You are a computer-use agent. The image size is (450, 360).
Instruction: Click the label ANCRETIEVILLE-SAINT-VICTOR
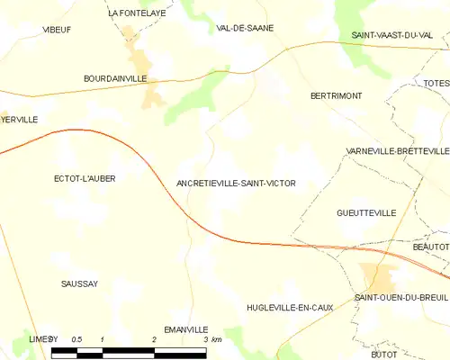236,183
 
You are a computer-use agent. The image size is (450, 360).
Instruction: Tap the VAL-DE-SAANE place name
245,28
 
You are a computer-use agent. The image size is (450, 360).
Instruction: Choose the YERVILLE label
19,119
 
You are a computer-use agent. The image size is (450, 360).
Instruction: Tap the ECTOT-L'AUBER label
85,178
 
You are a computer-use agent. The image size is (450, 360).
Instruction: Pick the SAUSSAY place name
79,283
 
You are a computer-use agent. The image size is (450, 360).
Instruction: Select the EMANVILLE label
185,329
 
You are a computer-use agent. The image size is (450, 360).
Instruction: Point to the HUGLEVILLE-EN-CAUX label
290,308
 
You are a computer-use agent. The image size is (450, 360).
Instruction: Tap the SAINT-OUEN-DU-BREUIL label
400,298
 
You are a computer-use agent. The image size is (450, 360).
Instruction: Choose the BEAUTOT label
430,246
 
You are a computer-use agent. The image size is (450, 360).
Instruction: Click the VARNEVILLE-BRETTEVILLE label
397,151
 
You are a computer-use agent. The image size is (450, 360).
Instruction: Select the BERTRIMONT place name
335,94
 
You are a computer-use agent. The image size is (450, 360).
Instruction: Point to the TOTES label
436,83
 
